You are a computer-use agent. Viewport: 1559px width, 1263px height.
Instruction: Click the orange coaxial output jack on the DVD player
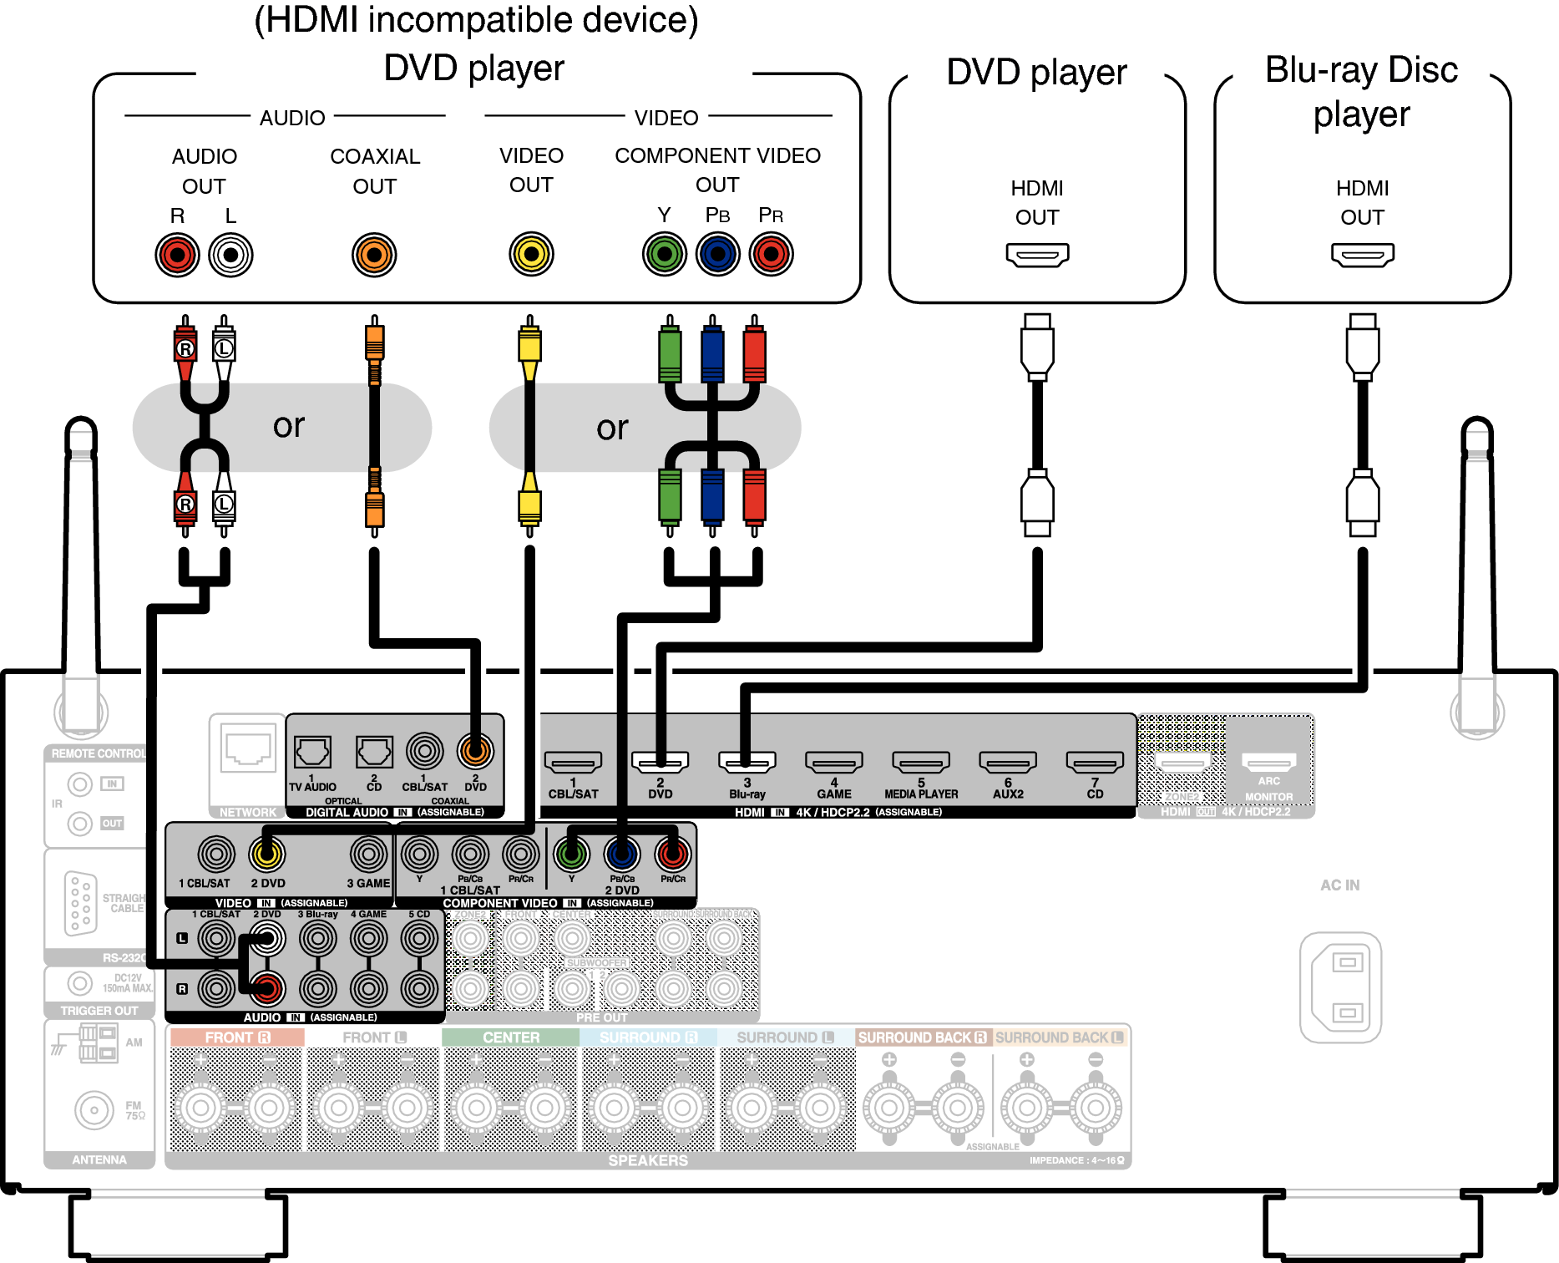coord(374,255)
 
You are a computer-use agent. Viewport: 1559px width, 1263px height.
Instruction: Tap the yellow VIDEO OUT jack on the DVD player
coord(531,254)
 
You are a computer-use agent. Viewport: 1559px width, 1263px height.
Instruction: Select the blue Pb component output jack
coord(718,254)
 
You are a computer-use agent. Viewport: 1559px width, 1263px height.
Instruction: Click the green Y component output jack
coord(665,254)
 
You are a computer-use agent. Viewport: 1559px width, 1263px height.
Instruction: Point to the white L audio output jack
coord(230,255)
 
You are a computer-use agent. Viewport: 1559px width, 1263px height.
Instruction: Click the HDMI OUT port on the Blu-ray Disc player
coord(1362,254)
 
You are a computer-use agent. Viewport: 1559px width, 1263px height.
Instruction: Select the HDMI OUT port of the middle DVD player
coord(1037,254)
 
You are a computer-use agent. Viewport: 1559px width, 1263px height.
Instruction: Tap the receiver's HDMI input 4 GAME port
coord(833,762)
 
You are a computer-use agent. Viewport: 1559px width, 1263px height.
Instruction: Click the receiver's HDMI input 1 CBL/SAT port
coord(573,762)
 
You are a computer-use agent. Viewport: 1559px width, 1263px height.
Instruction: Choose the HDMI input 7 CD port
coord(1095,762)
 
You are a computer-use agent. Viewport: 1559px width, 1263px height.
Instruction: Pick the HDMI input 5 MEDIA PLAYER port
coord(921,762)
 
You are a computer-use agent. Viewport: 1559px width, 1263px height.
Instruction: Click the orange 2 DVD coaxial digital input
coord(475,751)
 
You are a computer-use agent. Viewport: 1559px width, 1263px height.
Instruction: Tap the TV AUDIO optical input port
coord(312,752)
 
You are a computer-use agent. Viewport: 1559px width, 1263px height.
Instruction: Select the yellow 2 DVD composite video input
coord(267,854)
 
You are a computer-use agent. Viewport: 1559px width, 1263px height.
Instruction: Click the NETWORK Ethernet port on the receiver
coord(248,748)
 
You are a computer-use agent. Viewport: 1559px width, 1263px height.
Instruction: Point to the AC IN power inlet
coord(1341,987)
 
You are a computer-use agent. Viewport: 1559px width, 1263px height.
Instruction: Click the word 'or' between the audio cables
coord(289,426)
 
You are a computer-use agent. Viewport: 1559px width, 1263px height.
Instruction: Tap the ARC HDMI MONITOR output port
coord(1268,762)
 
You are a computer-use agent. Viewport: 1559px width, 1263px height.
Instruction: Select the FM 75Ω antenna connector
coord(94,1110)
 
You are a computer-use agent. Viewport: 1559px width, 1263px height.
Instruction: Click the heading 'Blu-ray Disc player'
coord(1361,92)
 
